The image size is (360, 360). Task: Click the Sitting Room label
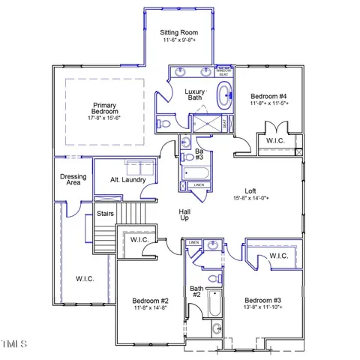click(x=179, y=33)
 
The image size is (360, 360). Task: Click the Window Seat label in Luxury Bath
click(x=223, y=71)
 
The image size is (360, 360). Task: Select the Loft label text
click(x=250, y=190)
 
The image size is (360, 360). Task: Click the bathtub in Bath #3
click(x=196, y=171)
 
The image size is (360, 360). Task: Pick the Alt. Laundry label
click(x=127, y=180)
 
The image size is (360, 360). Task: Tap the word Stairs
click(x=105, y=214)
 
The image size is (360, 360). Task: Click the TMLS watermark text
click(x=13, y=344)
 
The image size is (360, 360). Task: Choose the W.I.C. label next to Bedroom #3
click(x=277, y=256)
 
